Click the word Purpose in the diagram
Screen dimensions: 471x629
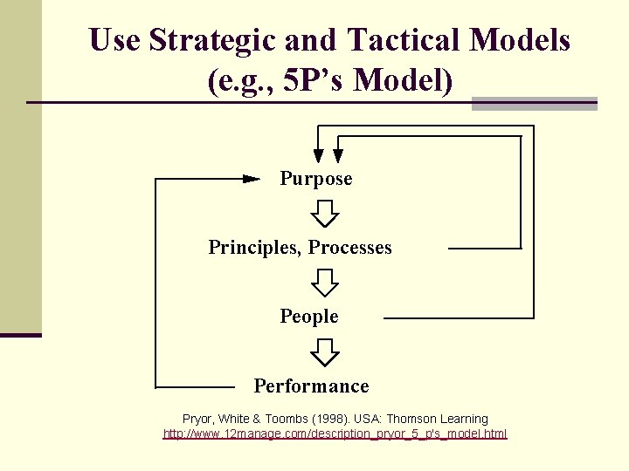click(x=316, y=179)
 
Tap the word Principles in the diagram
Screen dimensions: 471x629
click(x=255, y=248)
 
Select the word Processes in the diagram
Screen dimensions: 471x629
click(x=349, y=248)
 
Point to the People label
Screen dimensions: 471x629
click(x=309, y=317)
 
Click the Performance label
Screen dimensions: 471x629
click(x=311, y=386)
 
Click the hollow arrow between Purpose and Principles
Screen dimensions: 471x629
click(x=326, y=213)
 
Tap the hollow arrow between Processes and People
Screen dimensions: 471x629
click(x=326, y=282)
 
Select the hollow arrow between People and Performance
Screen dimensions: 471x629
click(x=326, y=352)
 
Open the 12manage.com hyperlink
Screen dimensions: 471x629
click(x=335, y=433)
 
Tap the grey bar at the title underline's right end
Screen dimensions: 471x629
click(x=534, y=103)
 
